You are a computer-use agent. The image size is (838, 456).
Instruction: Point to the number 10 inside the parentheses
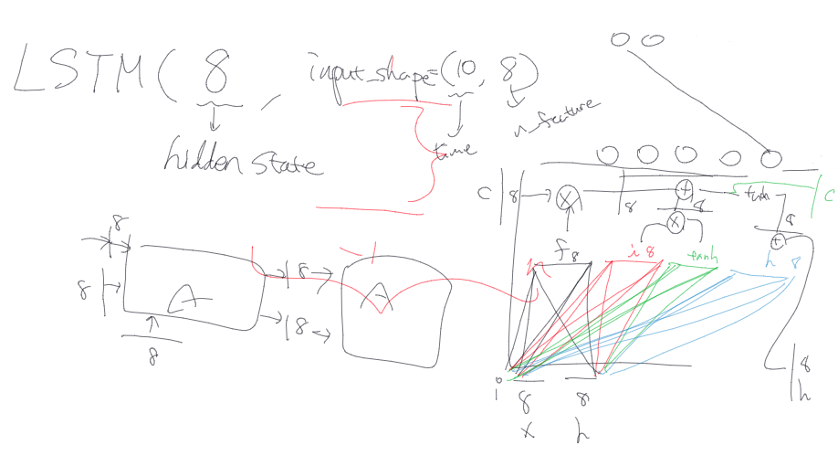coord(462,69)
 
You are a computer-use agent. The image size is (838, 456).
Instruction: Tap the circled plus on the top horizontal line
coord(685,190)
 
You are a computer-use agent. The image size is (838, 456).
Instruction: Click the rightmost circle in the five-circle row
coord(772,157)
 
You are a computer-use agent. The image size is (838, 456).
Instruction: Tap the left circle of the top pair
coord(619,38)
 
